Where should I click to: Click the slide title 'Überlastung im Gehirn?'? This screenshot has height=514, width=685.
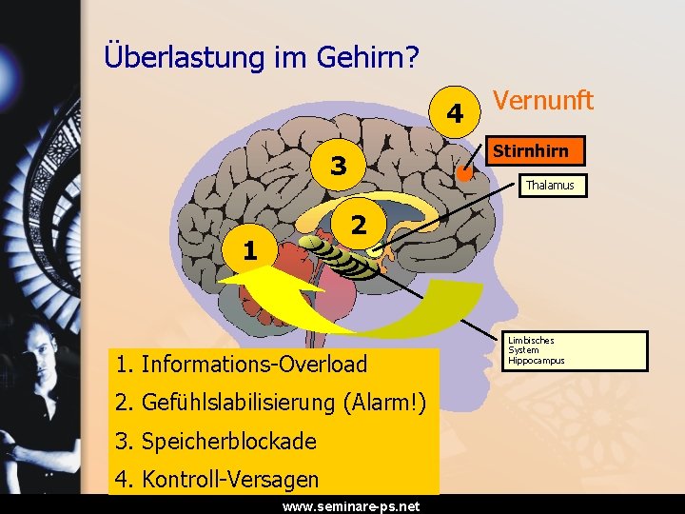point(262,56)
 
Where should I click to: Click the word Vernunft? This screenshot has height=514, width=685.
point(543,100)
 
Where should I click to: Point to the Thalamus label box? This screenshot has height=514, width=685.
point(551,186)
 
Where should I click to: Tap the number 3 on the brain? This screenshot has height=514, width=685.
point(338,167)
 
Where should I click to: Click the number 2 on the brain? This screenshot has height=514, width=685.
point(358,226)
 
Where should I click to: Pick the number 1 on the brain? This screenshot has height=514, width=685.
point(249,250)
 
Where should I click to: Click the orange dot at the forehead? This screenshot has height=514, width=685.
point(464,174)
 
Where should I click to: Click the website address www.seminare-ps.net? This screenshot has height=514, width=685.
point(351,506)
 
